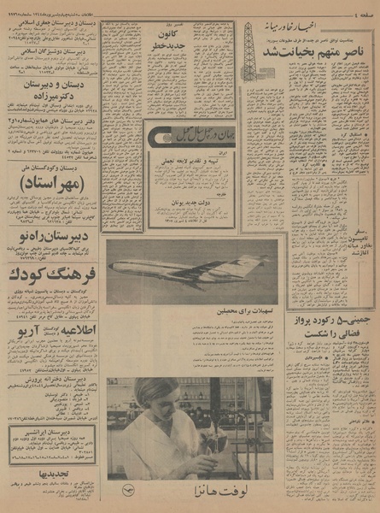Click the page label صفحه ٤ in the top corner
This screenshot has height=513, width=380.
click(360, 9)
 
